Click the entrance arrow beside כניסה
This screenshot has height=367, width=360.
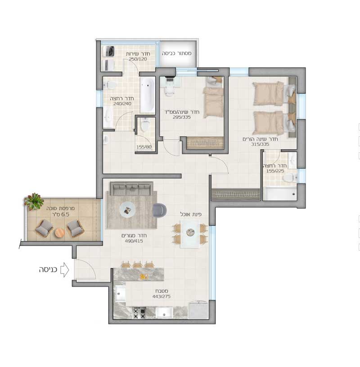coord(65,270)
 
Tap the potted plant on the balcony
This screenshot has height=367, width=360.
coord(34,201)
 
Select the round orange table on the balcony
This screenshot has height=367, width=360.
coord(60,233)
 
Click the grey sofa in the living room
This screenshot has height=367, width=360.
coord(132,188)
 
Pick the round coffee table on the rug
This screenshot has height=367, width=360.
coord(127,210)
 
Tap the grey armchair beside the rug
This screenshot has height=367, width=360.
coord(159,210)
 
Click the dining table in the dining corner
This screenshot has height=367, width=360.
coord(190,233)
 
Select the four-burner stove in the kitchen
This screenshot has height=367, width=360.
coord(139,313)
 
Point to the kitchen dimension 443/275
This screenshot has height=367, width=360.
coord(162,296)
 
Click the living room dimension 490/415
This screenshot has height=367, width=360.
coord(134,241)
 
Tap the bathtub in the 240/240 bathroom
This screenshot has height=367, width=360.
coord(147,95)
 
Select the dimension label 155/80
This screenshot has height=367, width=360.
coord(144,147)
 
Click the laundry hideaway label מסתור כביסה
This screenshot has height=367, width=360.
coord(177,54)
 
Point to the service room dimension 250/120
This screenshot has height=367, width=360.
coord(138,59)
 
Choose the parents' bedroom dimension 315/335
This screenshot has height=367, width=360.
coord(260,144)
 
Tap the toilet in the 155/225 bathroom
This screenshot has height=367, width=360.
coord(290,178)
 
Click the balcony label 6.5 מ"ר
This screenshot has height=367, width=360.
coord(61,215)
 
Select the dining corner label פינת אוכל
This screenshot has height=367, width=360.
coord(191,214)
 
